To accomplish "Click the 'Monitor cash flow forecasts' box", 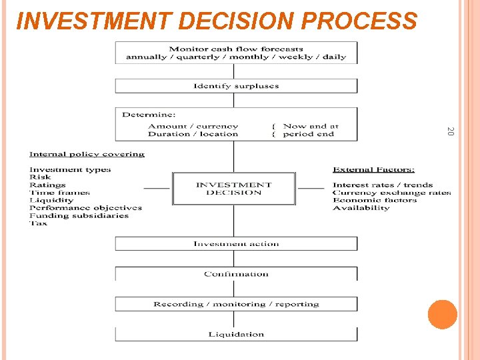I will click(236, 53).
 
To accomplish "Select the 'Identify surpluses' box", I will click(236, 86).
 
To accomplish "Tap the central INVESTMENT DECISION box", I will click(233, 189).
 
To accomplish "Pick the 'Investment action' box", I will click(236, 244).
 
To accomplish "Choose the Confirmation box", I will click(236, 274).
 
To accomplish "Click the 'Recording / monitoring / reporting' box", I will click(236, 304).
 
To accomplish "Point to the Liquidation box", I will click(236, 334).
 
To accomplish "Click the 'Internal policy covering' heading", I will click(87, 154).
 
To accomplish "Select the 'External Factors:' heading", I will click(373, 169).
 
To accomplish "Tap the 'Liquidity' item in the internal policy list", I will click(51, 200).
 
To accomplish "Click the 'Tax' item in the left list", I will click(38, 223).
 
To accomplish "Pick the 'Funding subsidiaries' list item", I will click(79, 215).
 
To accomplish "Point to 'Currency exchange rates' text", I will click(391, 193).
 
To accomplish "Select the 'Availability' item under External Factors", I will click(361, 208).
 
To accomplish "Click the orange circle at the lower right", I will click(443, 314).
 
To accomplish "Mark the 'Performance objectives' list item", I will click(85, 208).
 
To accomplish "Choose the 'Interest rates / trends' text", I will click(383, 185).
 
